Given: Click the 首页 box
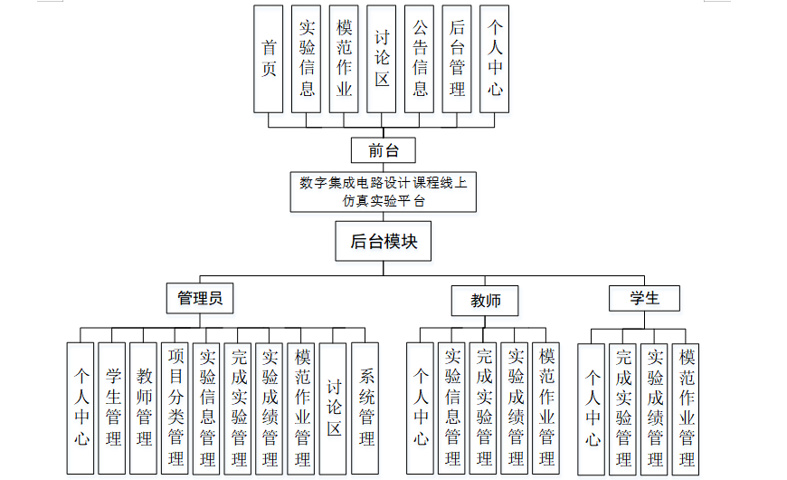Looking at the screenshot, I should pos(269,59).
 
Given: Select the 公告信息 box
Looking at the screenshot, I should pos(419,59).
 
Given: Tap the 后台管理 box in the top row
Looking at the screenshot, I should pos(457,59).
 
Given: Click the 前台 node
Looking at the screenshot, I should pos(384,150).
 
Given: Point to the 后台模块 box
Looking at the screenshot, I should pos(384,242).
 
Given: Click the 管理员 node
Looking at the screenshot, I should pos(200,298).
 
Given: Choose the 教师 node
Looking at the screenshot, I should pos(485,301).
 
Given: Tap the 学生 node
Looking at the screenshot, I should pos(644,298).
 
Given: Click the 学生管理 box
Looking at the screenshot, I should pos(112,408).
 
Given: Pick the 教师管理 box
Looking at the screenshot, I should pos(143,408).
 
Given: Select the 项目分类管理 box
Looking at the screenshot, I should pos(175,408).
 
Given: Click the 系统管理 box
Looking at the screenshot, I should pos(365,408).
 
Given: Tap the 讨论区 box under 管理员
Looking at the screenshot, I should pos(333,408).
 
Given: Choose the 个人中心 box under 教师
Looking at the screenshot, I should pos(421,408).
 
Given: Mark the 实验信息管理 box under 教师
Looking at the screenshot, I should pos(452,408).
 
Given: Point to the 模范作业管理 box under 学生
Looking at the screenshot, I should pos(686,408).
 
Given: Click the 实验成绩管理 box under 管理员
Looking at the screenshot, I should pos(269,408).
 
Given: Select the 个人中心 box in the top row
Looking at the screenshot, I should pos(494,59).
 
